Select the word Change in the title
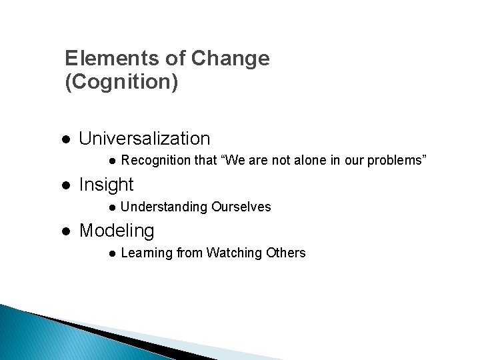click(230, 59)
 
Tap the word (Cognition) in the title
click(121, 83)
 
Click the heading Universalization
click(145, 139)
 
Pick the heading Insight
click(106, 185)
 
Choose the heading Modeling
click(117, 231)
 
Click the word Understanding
click(165, 207)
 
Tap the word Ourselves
click(241, 207)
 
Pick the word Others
click(285, 253)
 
